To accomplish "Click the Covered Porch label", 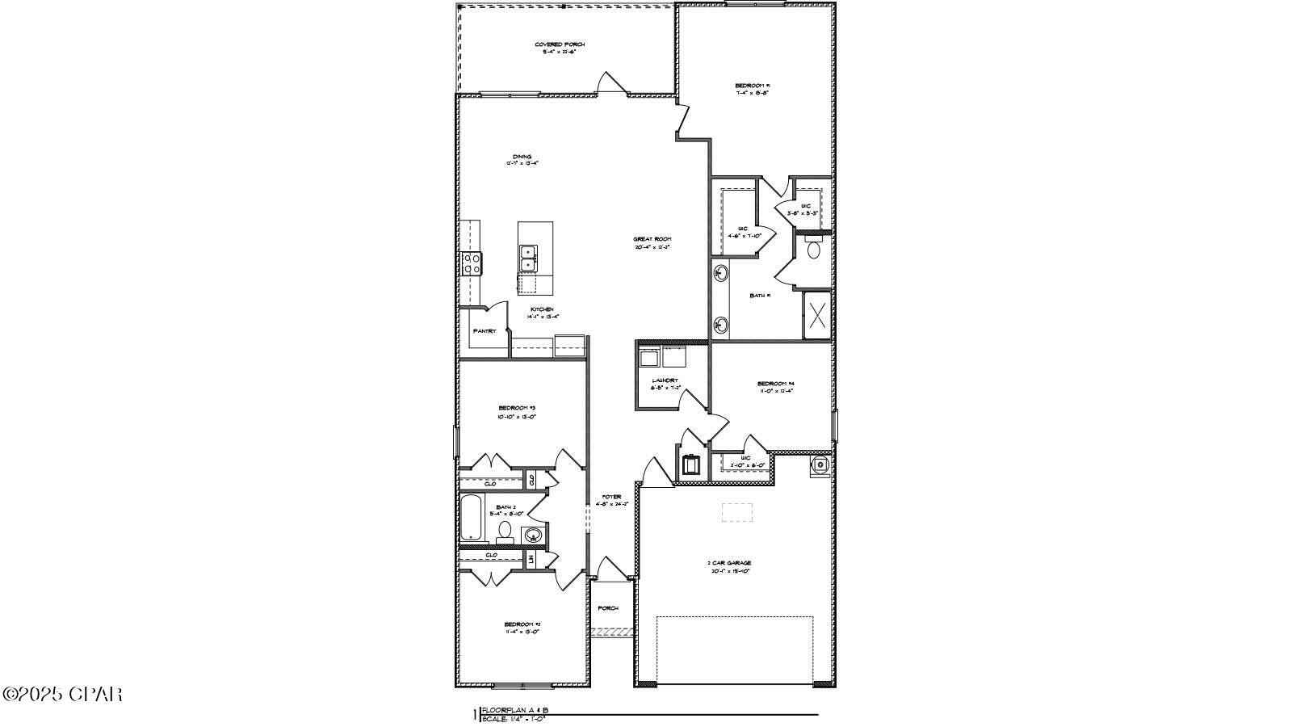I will pyautogui.click(x=559, y=44).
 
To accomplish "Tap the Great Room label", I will pyautogui.click(x=652, y=239).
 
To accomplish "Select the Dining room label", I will pyautogui.click(x=522, y=158).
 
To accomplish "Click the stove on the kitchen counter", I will pyautogui.click(x=472, y=263).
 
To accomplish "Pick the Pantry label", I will pyautogui.click(x=484, y=331).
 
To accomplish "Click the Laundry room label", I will pyautogui.click(x=665, y=380).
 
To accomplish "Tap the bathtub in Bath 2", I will pyautogui.click(x=472, y=518).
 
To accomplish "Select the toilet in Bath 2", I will pyautogui.click(x=505, y=531).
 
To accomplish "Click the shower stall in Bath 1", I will pyautogui.click(x=817, y=315).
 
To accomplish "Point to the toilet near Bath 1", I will pyautogui.click(x=813, y=249).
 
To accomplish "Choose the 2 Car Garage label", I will pyautogui.click(x=731, y=563).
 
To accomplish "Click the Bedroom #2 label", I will pyautogui.click(x=522, y=624).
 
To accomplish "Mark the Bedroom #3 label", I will pyautogui.click(x=518, y=407).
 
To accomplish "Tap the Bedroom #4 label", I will pyautogui.click(x=776, y=383).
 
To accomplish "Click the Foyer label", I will pyautogui.click(x=611, y=497).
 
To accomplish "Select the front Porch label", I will pyautogui.click(x=608, y=608).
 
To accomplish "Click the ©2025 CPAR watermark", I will pyautogui.click(x=62, y=694).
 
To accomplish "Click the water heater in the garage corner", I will pyautogui.click(x=820, y=464).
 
